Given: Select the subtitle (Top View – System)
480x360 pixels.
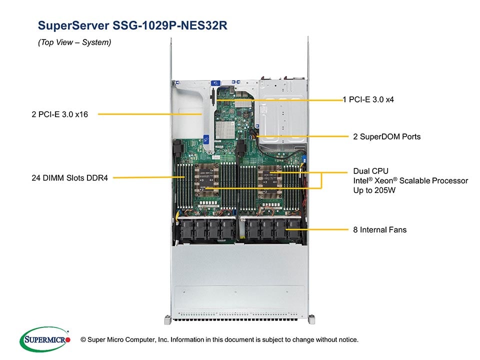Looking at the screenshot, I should click(x=74, y=42).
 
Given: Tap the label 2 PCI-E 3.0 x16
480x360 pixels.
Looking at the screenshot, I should click(x=59, y=114).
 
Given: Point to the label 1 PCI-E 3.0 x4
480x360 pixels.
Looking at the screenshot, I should click(x=368, y=99).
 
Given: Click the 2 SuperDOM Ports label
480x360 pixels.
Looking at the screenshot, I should click(x=386, y=136).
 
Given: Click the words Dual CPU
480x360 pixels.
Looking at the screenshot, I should click(x=370, y=171).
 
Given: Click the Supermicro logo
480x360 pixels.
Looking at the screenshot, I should click(x=44, y=339).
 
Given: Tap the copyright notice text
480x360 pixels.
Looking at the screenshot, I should click(x=223, y=340).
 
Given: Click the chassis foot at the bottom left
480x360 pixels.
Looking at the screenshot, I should click(x=167, y=318).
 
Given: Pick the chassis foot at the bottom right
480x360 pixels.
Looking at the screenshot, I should click(x=311, y=318).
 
